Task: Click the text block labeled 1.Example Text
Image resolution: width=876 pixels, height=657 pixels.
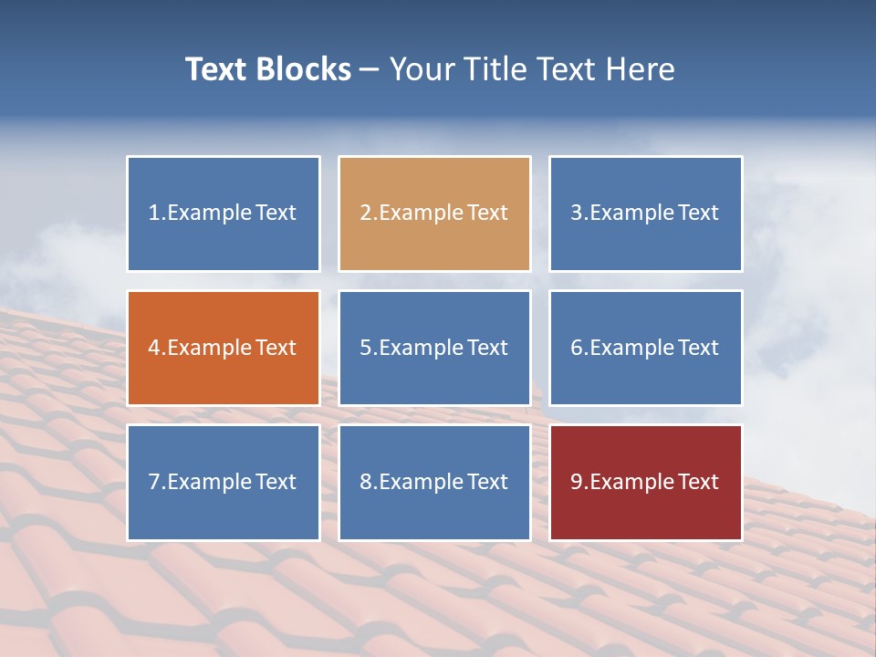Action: tap(224, 214)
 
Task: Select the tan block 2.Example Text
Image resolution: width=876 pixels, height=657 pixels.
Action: tap(434, 214)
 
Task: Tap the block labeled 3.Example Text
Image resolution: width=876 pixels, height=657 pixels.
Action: tap(645, 214)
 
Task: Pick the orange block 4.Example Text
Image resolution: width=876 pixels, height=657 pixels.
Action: tap(224, 348)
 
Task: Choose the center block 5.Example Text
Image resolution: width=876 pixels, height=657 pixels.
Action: tap(434, 348)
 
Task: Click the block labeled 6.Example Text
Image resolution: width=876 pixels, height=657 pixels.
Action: tap(645, 348)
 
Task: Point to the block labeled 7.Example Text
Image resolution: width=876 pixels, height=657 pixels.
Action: tap(224, 482)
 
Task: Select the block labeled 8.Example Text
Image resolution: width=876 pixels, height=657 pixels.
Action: tap(434, 482)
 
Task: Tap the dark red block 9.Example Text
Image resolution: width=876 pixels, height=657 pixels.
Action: tap(645, 482)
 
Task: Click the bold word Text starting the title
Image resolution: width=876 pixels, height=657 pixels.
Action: tap(215, 69)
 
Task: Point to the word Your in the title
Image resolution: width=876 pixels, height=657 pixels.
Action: tap(423, 69)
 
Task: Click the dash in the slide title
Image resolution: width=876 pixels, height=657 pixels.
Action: tap(370, 70)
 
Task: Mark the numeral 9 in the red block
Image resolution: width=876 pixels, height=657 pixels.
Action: tap(577, 482)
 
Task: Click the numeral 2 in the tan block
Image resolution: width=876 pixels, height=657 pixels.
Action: tap(366, 214)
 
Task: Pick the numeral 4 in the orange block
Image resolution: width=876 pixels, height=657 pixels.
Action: tap(155, 348)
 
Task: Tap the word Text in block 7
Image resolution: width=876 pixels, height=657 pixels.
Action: tap(276, 482)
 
